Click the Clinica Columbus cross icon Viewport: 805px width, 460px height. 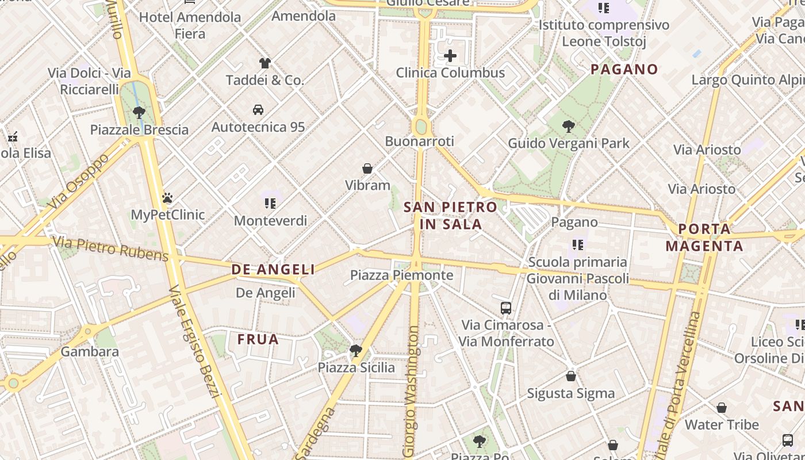(450, 56)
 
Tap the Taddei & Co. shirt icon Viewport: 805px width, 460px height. (264, 63)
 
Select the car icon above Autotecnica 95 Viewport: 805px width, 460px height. (258, 109)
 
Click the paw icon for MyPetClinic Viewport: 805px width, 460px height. (167, 198)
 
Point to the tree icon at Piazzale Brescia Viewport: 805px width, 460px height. (139, 112)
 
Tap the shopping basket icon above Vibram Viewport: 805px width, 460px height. (367, 168)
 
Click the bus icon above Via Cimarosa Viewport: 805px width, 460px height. (506, 308)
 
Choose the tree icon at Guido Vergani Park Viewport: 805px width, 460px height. (569, 126)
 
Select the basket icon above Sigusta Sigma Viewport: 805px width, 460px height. (571, 376)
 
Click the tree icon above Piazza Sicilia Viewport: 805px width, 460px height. (356, 350)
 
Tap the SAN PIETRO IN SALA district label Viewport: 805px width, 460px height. (450, 215)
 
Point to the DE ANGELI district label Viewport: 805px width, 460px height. (273, 269)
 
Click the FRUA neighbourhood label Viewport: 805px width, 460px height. (258, 339)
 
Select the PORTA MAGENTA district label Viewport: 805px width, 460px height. (704, 237)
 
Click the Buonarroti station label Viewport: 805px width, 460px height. (420, 141)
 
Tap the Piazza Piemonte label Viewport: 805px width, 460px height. (402, 275)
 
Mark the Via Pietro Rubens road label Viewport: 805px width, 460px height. (112, 248)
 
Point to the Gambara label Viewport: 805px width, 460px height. (90, 351)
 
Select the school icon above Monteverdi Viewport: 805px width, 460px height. (270, 203)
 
